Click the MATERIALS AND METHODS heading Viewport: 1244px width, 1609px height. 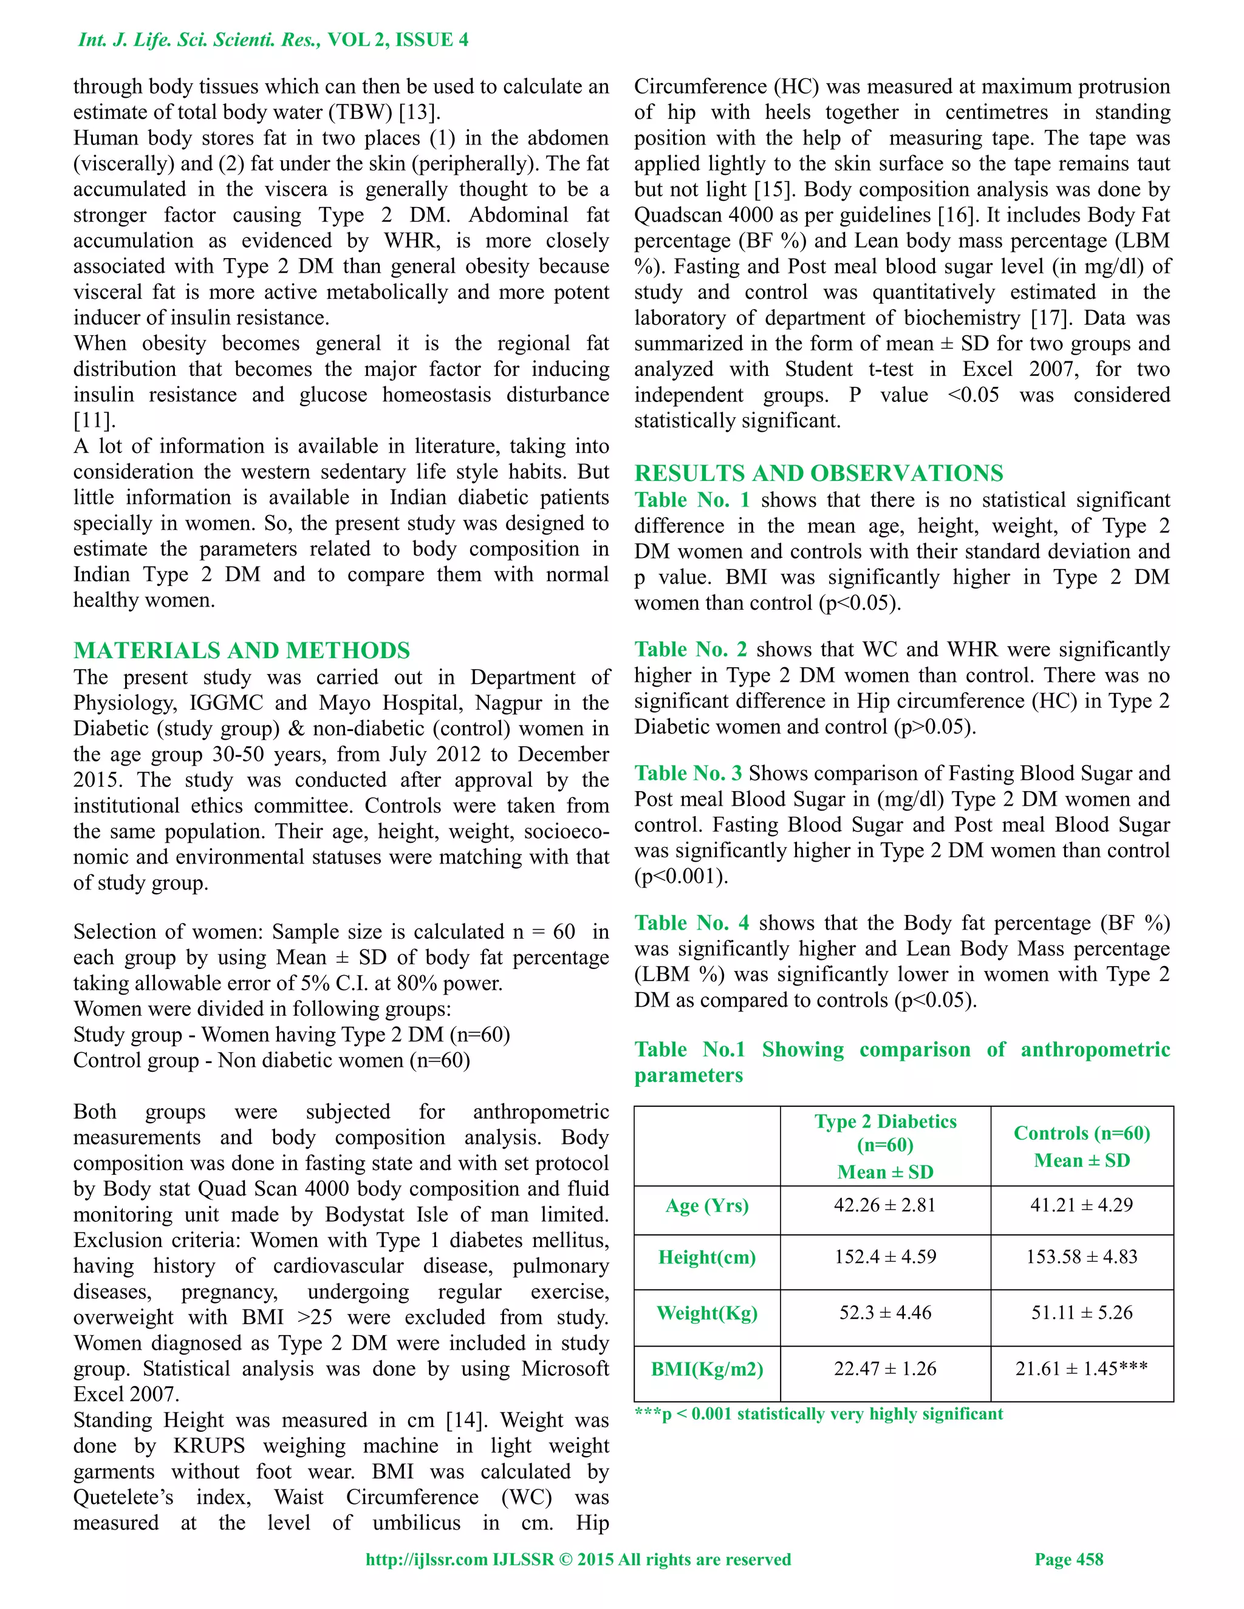coord(242,650)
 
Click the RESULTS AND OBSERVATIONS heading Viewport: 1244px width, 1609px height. coord(819,473)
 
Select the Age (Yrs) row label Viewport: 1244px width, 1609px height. coord(707,1206)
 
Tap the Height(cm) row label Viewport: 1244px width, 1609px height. coord(707,1257)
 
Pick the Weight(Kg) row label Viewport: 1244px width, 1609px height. coord(707,1313)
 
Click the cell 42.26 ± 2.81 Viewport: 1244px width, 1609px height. coord(884,1205)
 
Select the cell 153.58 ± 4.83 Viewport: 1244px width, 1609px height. coord(1081,1257)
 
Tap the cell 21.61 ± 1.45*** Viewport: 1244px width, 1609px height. coord(1081,1369)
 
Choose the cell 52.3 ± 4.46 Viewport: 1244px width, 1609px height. coord(884,1313)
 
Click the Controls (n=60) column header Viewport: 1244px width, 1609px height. coord(1081,1146)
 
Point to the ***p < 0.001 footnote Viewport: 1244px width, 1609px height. coord(818,1413)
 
